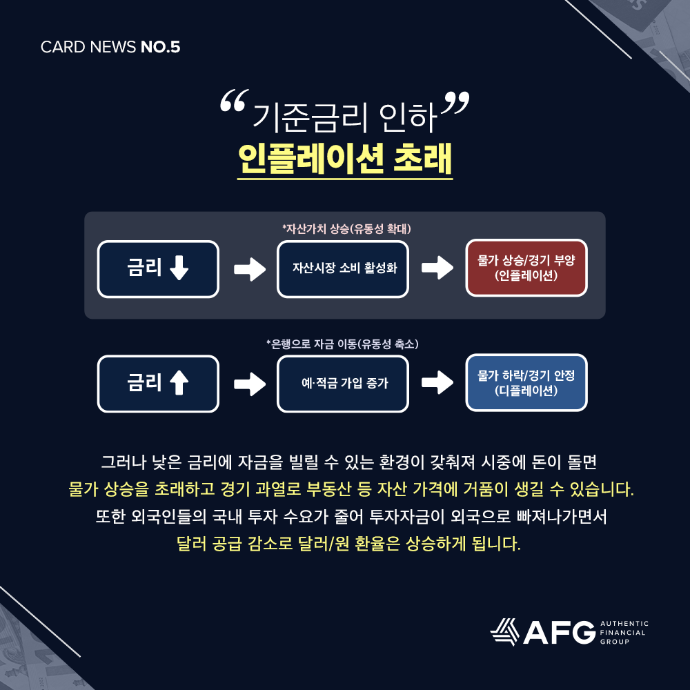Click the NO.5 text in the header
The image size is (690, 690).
tap(160, 48)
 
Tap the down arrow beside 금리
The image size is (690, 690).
tap(178, 269)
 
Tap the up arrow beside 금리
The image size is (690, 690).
tap(178, 384)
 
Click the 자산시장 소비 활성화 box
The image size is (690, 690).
tap(343, 269)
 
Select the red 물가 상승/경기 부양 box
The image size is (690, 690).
tap(526, 268)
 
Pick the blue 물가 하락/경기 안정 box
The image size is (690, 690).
tap(526, 383)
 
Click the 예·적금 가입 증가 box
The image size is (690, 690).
tap(343, 384)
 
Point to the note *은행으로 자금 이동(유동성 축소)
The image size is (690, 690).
tap(343, 344)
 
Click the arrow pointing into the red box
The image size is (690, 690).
tap(437, 269)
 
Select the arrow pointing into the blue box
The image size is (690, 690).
tap(437, 384)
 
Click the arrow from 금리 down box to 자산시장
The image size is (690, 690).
tap(249, 269)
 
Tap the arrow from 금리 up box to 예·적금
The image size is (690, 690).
tap(249, 384)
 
